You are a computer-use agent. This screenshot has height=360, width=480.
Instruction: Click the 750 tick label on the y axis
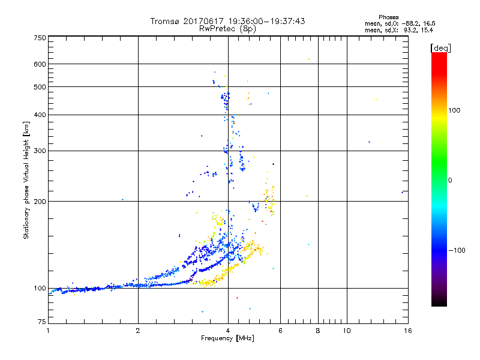click(40, 37)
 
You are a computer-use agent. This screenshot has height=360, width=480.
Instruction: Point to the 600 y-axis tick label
click(40, 64)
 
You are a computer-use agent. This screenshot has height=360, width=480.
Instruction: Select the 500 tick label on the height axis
click(40, 86)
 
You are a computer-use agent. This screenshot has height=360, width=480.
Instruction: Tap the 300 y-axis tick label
click(40, 151)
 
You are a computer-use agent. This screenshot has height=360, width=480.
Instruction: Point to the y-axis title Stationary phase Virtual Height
click(26, 180)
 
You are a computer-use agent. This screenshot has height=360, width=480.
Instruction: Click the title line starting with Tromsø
click(228, 21)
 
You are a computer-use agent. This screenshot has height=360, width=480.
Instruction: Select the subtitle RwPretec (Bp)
click(228, 28)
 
